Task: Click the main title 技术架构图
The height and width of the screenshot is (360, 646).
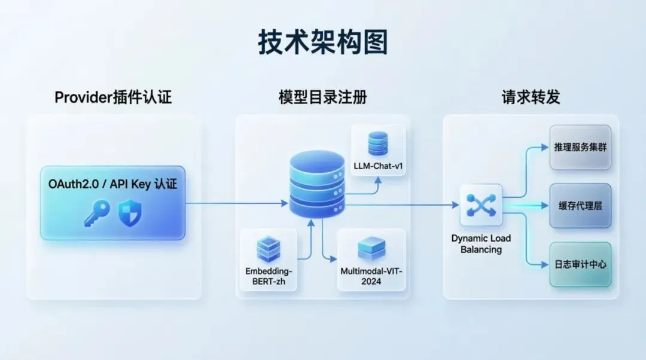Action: point(323,42)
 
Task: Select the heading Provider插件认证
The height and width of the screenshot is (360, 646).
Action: point(113,97)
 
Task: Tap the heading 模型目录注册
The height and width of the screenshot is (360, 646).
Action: point(322,97)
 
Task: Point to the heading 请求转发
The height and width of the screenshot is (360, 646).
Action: point(531,97)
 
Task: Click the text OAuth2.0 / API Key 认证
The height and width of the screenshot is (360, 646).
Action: point(113,185)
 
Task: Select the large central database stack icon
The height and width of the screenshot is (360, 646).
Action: point(317,184)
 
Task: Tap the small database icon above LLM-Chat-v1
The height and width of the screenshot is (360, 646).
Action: point(378,144)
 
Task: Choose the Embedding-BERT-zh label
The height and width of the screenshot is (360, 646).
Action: point(269,276)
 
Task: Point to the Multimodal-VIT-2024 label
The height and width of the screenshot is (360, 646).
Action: point(371,276)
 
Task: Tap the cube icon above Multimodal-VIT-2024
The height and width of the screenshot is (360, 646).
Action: point(371,248)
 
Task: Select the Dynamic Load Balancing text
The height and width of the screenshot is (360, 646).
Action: point(481,244)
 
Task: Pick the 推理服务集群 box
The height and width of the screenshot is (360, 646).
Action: point(580,147)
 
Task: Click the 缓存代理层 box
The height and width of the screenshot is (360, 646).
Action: point(580,205)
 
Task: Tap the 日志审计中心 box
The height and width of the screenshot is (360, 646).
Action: point(580,264)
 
